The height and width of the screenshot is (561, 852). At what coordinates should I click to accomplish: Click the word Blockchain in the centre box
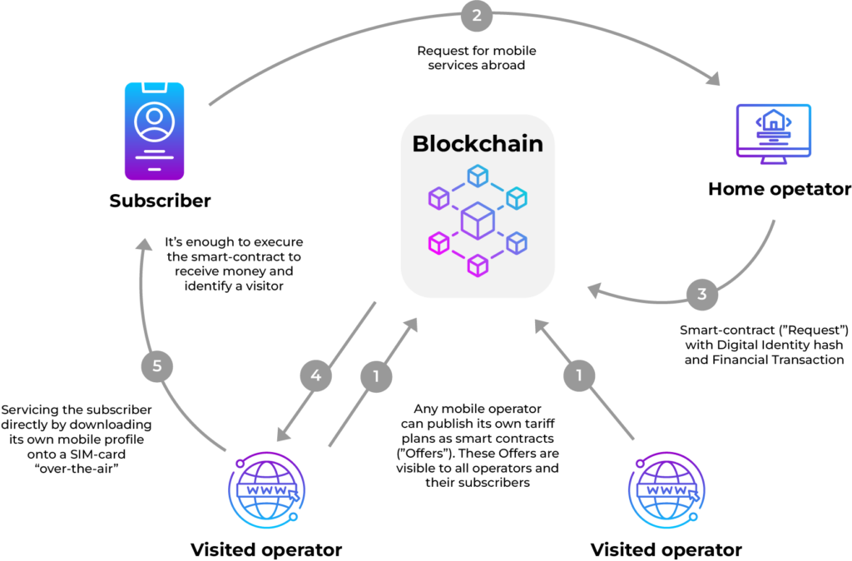coord(478,143)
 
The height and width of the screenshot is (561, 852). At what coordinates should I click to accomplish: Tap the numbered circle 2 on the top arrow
coord(477,16)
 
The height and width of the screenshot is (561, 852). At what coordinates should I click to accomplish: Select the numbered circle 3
coord(702,294)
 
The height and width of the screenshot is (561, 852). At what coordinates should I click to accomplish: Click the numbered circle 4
coord(316,376)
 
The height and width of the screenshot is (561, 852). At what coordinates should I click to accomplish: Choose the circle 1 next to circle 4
coord(376,376)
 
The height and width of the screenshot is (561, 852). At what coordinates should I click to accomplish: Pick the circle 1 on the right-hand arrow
coord(579,375)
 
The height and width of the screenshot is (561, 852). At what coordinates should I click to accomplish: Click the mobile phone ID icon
coord(154,131)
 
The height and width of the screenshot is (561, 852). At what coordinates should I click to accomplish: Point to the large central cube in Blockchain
coord(478,221)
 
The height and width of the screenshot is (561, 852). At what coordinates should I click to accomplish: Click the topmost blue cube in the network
coord(477,175)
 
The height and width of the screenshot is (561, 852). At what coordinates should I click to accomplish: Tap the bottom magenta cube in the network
coord(477,266)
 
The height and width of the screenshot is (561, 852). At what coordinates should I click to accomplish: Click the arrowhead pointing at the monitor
coord(713,81)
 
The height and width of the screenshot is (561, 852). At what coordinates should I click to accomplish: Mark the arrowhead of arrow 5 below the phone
coord(144,244)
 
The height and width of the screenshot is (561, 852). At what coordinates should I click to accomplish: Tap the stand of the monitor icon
coord(773,161)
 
